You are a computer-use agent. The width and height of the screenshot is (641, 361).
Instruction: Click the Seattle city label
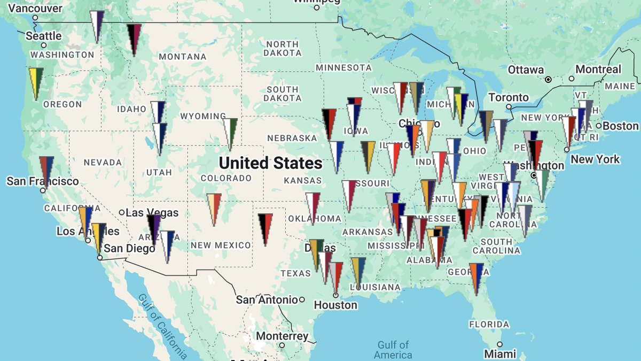coord(44,36)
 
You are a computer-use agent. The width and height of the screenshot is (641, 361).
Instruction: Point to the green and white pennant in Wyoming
coord(230,132)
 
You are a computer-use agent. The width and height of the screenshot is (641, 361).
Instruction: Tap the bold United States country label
coord(271,163)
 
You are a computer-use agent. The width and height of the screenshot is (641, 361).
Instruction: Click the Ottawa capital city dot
coord(548,80)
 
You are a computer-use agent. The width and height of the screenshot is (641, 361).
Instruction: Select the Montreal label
coord(598,70)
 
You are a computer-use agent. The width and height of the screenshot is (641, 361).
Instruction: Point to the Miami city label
coord(501,354)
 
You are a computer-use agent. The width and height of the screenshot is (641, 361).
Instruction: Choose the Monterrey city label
coord(282,336)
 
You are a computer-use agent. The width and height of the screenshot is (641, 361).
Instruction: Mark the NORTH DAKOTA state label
coord(282,49)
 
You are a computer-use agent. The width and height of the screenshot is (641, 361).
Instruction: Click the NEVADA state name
coord(103,162)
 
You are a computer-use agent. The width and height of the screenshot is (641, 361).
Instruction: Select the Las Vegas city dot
coord(122,212)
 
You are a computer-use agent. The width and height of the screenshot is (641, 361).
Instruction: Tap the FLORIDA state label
coord(489,324)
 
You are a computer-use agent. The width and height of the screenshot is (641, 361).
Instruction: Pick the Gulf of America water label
coord(393,350)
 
